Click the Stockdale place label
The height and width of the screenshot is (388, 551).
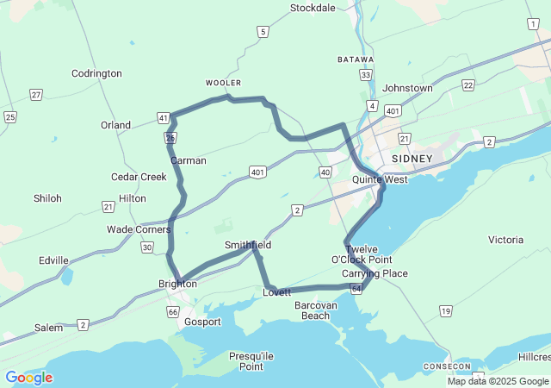(x=313, y=8)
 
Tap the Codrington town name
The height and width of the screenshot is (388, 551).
(x=96, y=73)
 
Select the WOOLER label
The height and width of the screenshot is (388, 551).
(x=223, y=83)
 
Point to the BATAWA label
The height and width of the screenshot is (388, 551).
(x=356, y=59)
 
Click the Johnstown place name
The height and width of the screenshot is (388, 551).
(x=407, y=88)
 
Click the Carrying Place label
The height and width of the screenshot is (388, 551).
(x=375, y=273)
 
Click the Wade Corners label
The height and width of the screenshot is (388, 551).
(x=138, y=229)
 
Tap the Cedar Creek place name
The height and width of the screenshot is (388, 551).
(x=139, y=177)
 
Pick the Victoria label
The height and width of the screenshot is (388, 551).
(x=505, y=239)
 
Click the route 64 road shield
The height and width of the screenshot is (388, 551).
(x=356, y=289)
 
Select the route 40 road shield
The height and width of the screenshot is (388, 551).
(x=325, y=172)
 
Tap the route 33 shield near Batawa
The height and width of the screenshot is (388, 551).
(x=366, y=75)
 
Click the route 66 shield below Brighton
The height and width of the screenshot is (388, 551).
(x=173, y=311)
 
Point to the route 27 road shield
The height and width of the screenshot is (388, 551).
(x=35, y=94)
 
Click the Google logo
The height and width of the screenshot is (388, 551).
(x=28, y=378)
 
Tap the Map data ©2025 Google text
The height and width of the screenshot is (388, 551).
(x=498, y=382)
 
